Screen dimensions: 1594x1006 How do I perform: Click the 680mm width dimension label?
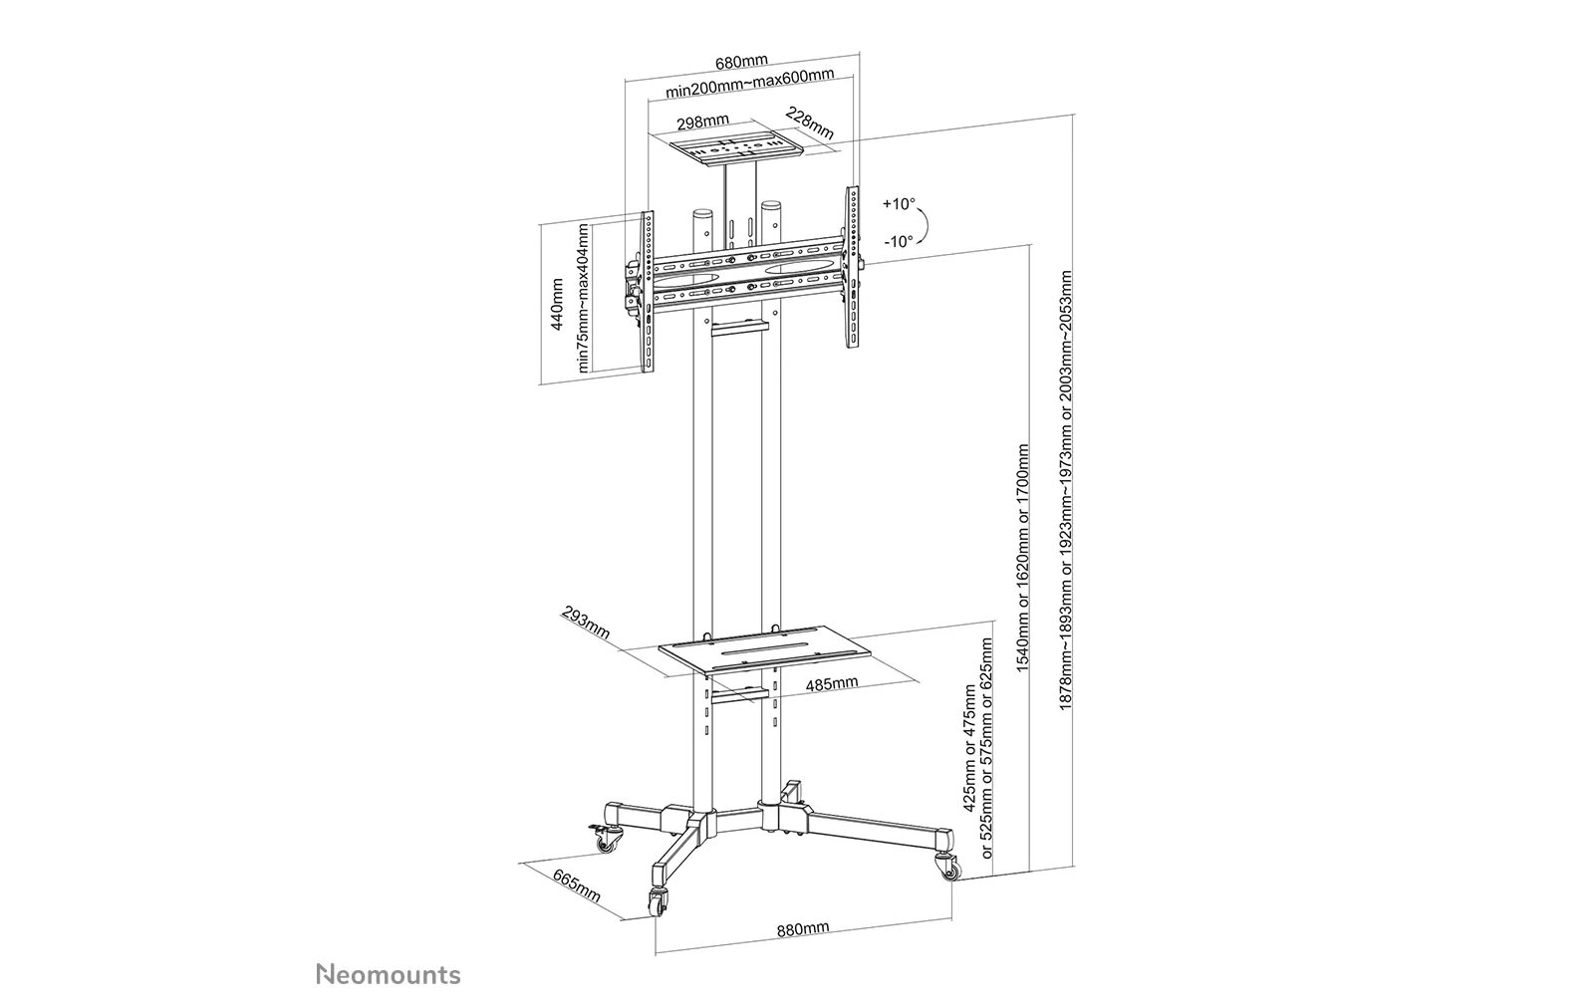point(741,62)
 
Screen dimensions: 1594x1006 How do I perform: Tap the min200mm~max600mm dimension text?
point(749,84)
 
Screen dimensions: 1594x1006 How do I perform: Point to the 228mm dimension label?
point(810,124)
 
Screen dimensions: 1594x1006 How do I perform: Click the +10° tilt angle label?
point(899,204)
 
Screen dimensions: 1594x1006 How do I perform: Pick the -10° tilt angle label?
point(898,242)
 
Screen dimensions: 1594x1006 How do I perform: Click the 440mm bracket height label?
point(557,304)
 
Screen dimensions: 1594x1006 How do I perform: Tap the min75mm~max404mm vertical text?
point(584,298)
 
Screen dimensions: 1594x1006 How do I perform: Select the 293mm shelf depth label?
point(586,623)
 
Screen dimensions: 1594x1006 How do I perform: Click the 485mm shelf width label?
point(832,683)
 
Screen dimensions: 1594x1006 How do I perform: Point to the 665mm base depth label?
point(577,886)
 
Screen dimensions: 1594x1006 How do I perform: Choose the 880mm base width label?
point(803,929)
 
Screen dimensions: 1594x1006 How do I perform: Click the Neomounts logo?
point(389,974)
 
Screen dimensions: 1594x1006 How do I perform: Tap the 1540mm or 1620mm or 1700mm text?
point(1022,558)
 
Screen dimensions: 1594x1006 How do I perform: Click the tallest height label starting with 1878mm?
point(1066,489)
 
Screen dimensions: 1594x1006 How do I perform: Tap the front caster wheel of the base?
point(658,902)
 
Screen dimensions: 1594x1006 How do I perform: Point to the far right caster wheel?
point(947,867)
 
